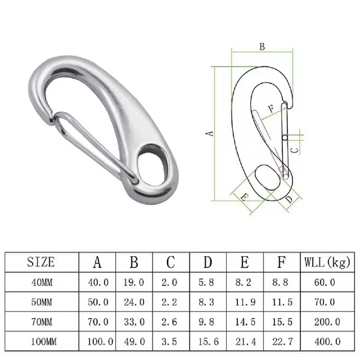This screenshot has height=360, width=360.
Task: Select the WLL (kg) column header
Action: (327, 262)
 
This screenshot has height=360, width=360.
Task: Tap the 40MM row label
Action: (42, 282)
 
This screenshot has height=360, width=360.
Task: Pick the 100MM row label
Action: (44, 342)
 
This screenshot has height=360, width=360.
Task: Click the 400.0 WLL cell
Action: (327, 342)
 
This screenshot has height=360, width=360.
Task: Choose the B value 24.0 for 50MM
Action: (134, 302)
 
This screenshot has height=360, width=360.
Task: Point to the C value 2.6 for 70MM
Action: (169, 322)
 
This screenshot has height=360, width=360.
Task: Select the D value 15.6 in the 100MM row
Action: (208, 342)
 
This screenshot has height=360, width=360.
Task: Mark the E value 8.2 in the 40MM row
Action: (243, 282)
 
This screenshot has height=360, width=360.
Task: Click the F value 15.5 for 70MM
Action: (282, 322)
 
